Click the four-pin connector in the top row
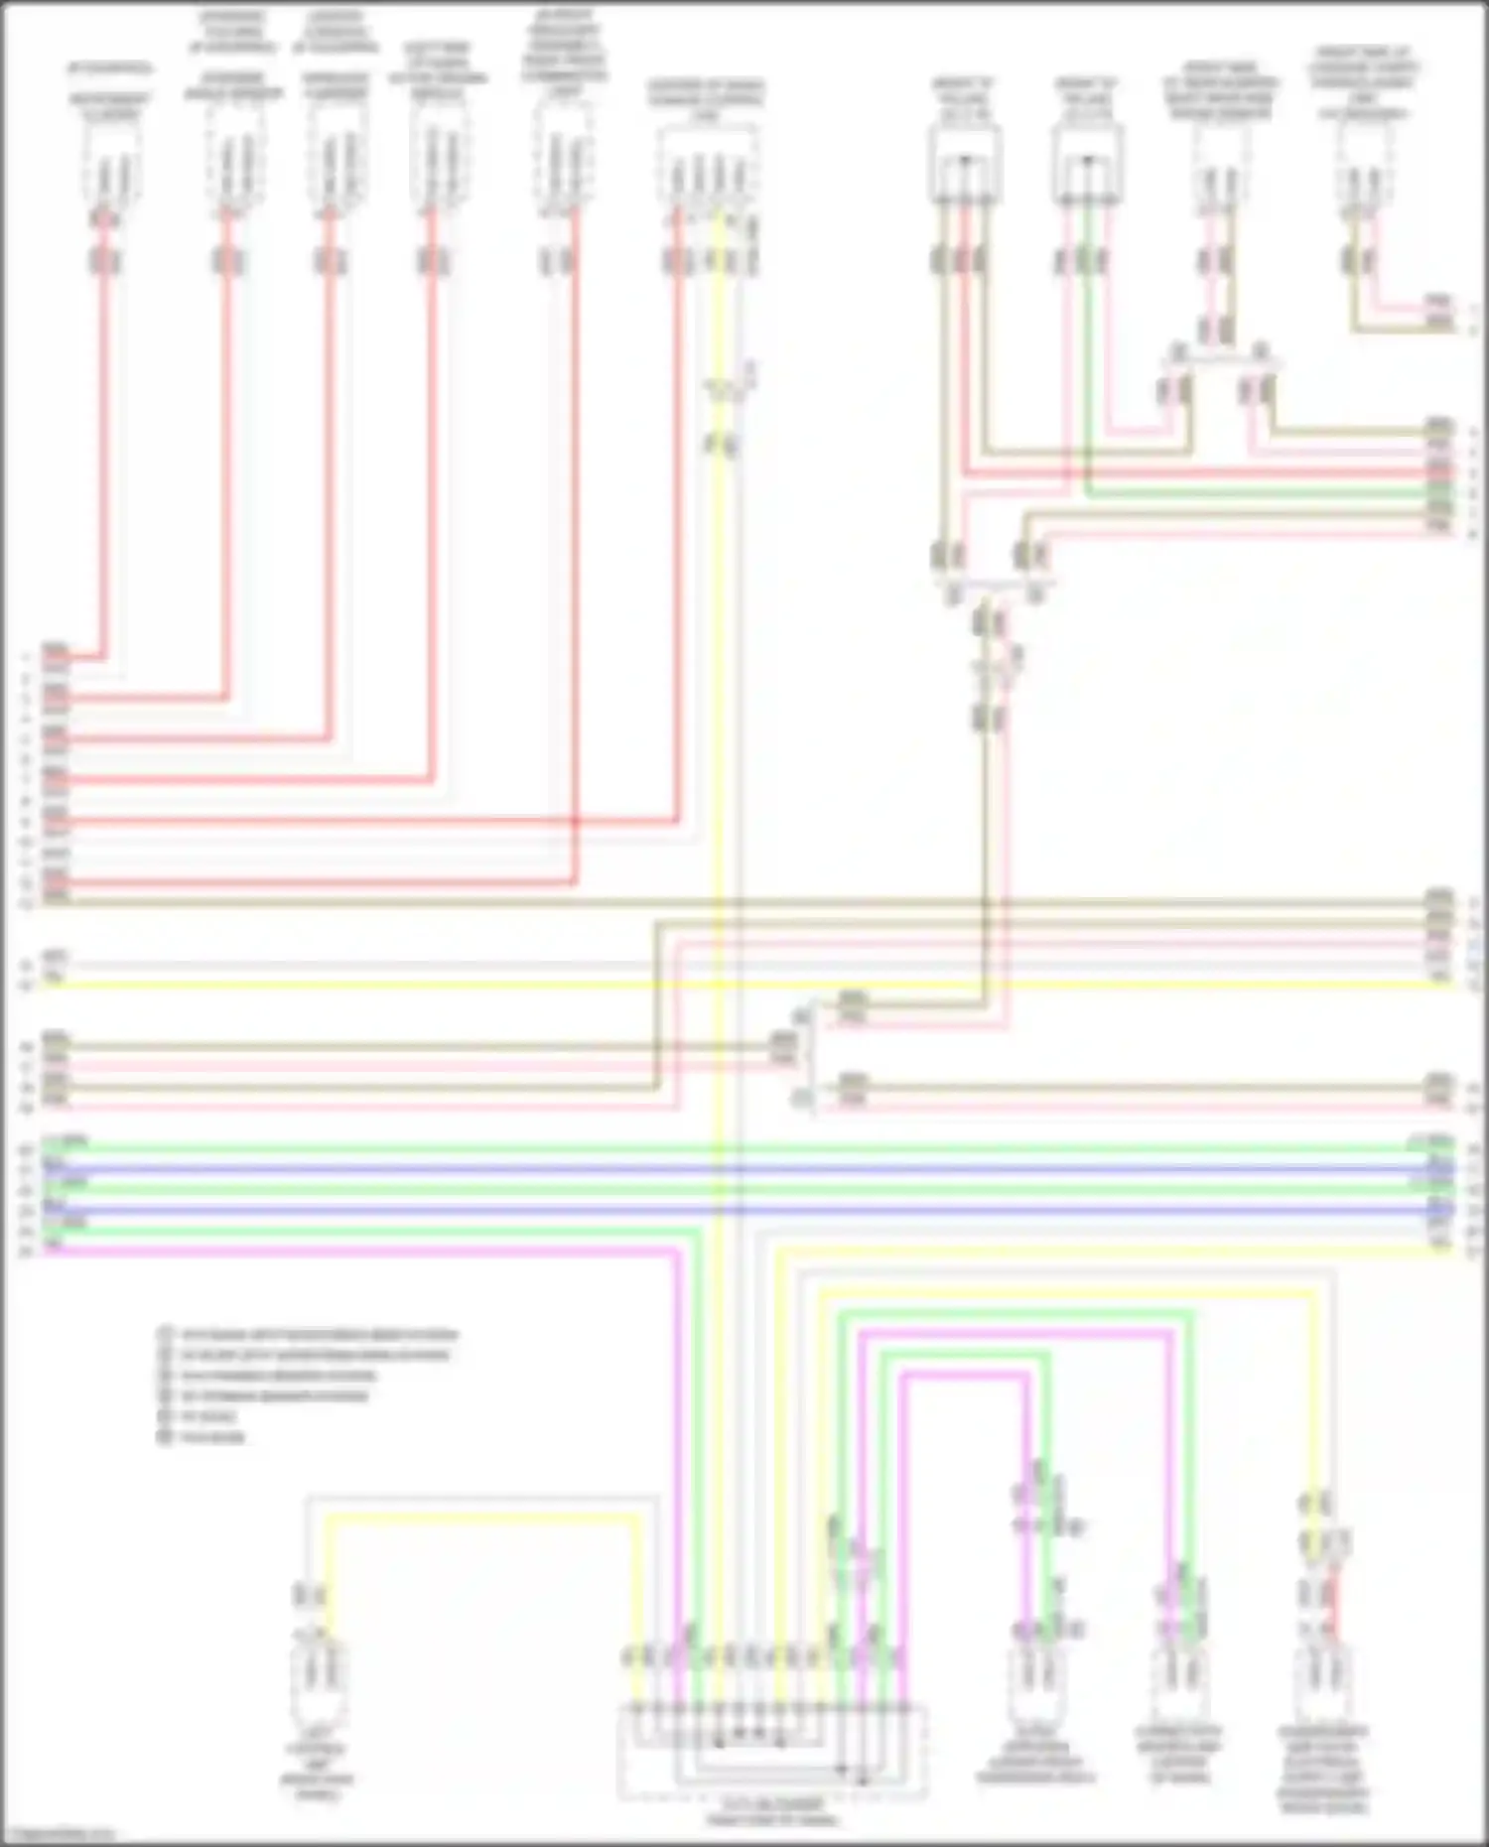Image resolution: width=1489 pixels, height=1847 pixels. click(708, 170)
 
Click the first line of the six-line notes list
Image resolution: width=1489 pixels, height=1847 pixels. click(308, 1335)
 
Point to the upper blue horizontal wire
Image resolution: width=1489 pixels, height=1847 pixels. click(735, 1169)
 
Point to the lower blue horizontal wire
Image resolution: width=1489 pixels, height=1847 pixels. click(735, 1211)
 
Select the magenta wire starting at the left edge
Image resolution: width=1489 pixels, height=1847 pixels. click(357, 1252)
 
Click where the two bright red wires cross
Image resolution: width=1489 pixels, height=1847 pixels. click(575, 822)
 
